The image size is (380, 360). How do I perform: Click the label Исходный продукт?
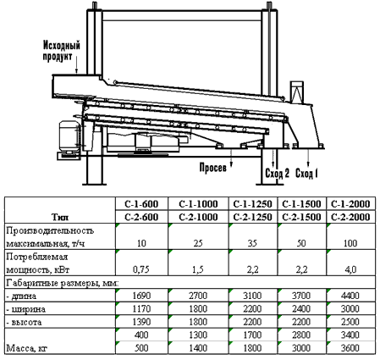coord(62,51)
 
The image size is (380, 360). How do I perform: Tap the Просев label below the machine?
coord(213,168)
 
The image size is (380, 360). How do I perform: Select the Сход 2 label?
coord(278,173)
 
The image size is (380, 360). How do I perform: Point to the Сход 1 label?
coord(306,173)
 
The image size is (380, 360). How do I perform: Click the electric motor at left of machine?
coord(69,136)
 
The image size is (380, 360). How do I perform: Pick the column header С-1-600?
coord(141,204)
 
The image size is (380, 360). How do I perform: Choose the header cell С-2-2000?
coord(350,217)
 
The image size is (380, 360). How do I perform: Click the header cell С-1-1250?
coord(252,204)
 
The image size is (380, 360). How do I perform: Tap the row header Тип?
coord(60,217)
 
